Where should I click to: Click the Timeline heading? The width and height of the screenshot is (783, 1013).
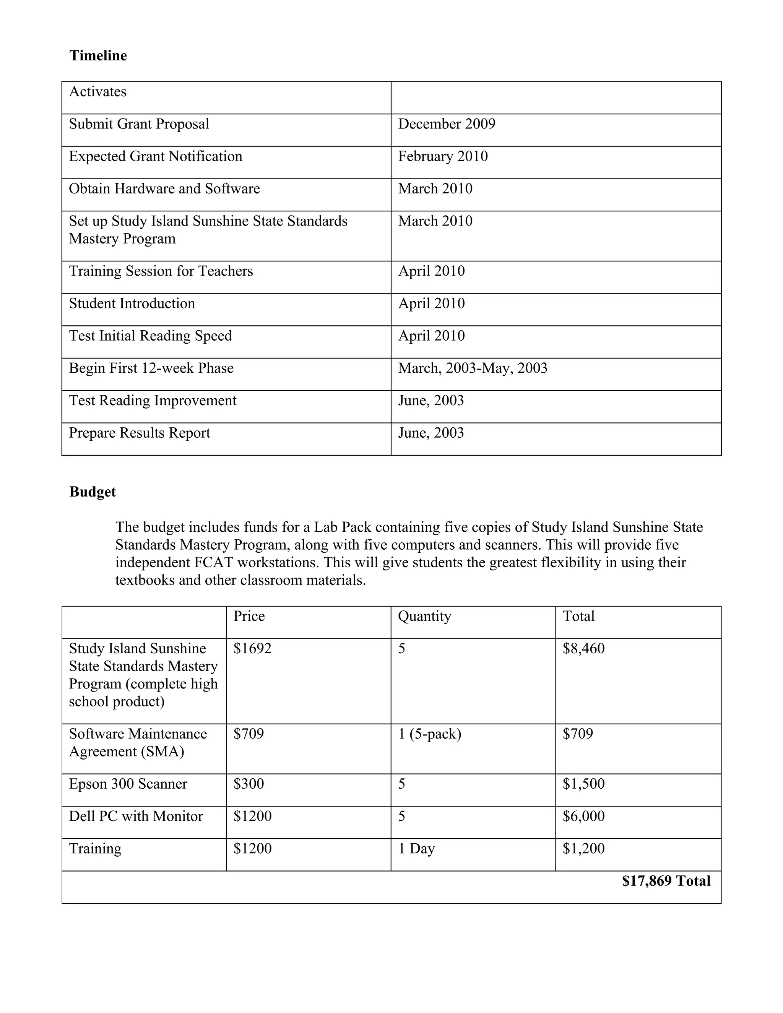[98, 56]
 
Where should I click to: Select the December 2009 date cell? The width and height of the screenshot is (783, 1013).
[446, 124]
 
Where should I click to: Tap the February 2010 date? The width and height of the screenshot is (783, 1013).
[442, 156]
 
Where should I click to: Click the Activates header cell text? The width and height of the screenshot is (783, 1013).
[97, 91]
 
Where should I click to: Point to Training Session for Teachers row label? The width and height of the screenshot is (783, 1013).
[161, 271]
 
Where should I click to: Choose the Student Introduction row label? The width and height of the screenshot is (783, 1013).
[132, 304]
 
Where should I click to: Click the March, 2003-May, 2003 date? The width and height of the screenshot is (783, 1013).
[472, 368]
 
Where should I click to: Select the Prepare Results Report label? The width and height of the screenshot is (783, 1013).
[139, 433]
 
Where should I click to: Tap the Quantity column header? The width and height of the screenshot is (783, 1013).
[424, 617]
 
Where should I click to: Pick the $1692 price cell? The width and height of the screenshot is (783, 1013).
[252, 648]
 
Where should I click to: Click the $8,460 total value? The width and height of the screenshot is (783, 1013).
[583, 648]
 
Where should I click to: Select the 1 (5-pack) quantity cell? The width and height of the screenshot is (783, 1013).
[429, 734]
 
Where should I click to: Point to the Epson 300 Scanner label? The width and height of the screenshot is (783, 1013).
[128, 784]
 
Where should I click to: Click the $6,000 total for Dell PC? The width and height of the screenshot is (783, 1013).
[583, 817]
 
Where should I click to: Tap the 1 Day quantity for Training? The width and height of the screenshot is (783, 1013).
[416, 849]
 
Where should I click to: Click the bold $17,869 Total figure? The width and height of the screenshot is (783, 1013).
[666, 881]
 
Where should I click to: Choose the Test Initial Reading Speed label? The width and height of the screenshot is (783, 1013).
[150, 336]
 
